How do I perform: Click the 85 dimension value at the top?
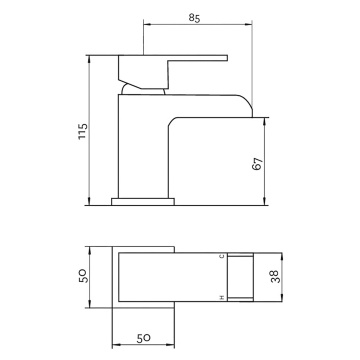coord(194,18)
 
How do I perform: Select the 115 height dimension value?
coord(83,132)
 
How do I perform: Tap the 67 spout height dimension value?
coord(258,164)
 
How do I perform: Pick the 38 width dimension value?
coord(276,277)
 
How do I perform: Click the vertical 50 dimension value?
coord(83,276)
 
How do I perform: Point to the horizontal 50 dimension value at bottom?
coord(144,338)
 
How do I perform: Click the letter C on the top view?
coord(222,256)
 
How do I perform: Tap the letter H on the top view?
coord(222,297)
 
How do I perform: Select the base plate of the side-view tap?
coord(143,202)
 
